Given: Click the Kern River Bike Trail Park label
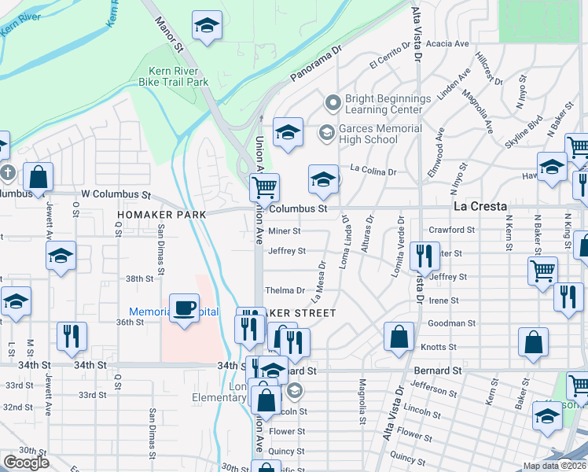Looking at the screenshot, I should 173,76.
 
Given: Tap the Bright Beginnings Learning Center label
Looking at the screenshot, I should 389,104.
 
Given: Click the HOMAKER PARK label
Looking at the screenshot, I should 161,214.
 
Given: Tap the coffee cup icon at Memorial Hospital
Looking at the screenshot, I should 184,308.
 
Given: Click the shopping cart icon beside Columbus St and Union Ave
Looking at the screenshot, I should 264,187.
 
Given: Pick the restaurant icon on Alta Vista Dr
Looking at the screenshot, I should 424,256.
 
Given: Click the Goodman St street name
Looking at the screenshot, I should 451,323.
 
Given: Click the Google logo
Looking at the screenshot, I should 26,462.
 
